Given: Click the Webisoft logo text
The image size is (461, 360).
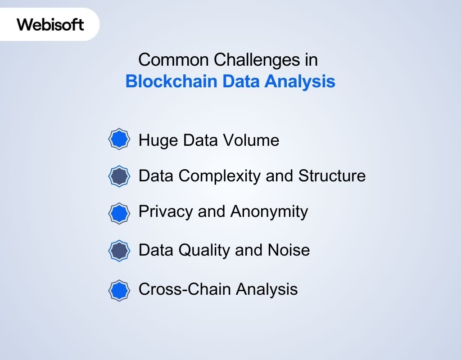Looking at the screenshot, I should [x=50, y=24].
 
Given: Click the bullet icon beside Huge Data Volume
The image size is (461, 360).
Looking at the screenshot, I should [x=119, y=139].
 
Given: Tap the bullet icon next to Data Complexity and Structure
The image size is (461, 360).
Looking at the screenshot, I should [x=119, y=175].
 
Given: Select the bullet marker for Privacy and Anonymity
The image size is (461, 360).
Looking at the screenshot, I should [x=119, y=213].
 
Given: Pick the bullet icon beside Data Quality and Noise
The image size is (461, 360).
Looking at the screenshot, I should [x=119, y=251].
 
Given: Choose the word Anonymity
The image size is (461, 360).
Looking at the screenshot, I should [x=269, y=211].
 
